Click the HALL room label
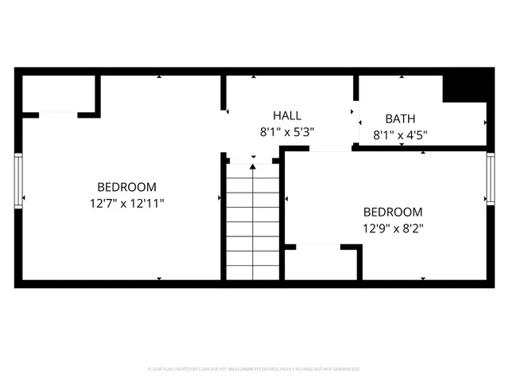point(287,116)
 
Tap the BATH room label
point(401,119)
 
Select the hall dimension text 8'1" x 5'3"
point(287,133)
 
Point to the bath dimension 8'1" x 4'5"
point(401,134)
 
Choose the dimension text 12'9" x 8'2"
point(393,228)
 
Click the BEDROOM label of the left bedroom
point(127,186)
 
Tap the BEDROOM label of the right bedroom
point(393,212)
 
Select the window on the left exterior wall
point(18,181)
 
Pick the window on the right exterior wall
point(491,180)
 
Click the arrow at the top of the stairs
point(253,167)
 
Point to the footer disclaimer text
point(254,369)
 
